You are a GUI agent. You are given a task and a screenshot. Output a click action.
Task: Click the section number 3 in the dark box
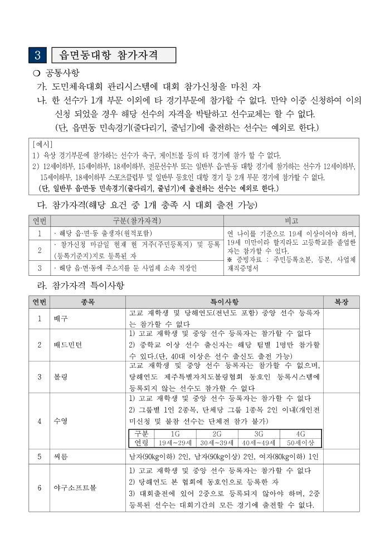coord(38,55)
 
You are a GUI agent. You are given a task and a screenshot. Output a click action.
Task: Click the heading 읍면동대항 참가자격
coord(114,55)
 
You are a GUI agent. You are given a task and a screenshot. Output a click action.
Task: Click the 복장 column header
coord(341,302)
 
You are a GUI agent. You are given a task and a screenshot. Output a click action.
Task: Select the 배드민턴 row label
coord(67,345)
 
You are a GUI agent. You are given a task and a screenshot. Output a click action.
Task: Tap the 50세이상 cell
coord(300,443)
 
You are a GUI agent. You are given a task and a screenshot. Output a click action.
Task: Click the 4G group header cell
coord(300,434)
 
